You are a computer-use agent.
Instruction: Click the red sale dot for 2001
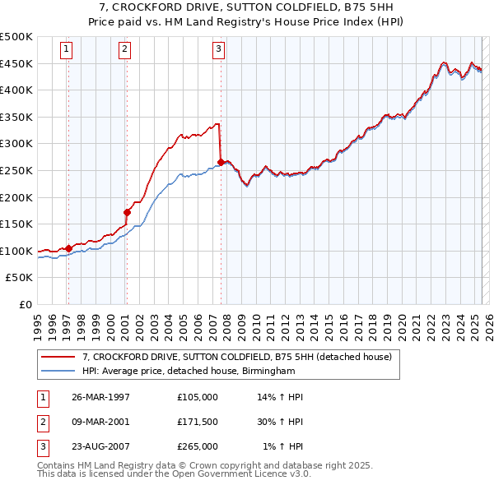pyautogui.click(x=127, y=212)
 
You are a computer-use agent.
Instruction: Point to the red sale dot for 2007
pyautogui.click(x=221, y=162)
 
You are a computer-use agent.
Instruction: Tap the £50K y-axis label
pyautogui.click(x=20, y=278)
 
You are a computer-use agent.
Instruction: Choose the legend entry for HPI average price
pyautogui.click(x=186, y=371)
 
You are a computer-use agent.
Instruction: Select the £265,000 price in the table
pyautogui.click(x=198, y=446)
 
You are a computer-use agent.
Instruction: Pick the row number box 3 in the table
pyautogui.click(x=40, y=446)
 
